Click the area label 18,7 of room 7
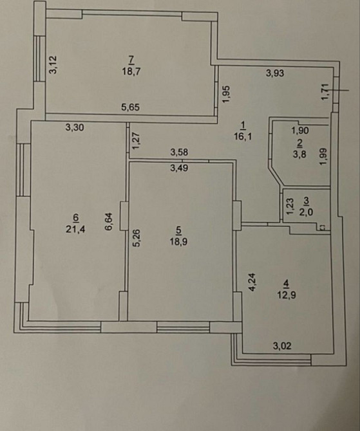(131, 72)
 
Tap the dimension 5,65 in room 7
(131, 107)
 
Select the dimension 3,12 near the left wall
(53, 65)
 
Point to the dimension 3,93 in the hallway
(275, 73)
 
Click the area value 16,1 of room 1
(243, 136)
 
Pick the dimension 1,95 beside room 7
(226, 94)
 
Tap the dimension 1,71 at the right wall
(325, 92)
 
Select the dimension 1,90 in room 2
(300, 131)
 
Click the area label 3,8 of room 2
(299, 154)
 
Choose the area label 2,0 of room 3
(307, 212)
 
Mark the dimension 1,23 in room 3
(290, 206)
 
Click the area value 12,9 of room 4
(287, 295)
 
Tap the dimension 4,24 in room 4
(252, 282)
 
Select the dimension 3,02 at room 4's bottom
(282, 345)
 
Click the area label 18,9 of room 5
(179, 242)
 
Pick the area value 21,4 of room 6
(75, 229)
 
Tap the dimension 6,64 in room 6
(109, 221)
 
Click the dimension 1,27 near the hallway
(137, 141)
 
